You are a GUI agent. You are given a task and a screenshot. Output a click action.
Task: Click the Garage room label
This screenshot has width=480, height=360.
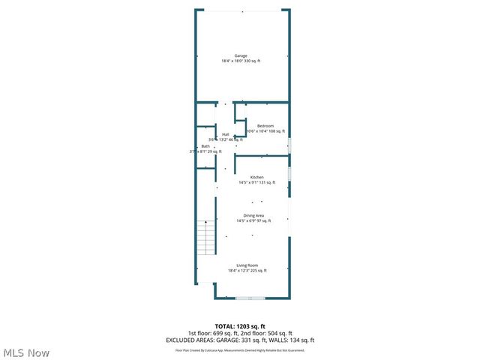(240, 55)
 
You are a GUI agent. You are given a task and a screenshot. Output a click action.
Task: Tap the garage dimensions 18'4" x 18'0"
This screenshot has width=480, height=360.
(240, 61)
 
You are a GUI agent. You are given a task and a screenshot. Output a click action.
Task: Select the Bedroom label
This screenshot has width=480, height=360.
(265, 125)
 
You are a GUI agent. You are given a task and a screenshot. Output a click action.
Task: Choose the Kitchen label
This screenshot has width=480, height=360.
(256, 177)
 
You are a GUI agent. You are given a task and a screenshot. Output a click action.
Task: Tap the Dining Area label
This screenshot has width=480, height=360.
(253, 215)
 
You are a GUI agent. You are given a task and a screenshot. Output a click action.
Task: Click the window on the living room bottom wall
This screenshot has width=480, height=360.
(250, 298)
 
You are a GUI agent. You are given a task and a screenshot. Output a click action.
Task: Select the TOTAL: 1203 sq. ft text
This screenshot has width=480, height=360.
(240, 326)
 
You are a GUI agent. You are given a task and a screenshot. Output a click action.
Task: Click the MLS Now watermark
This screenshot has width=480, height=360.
(26, 352)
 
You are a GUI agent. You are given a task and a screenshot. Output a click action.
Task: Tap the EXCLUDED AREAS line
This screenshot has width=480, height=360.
(240, 340)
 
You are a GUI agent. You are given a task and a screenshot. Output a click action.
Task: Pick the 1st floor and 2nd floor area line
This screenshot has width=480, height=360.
(240, 333)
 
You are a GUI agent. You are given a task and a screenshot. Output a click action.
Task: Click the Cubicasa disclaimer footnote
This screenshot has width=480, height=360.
(240, 349)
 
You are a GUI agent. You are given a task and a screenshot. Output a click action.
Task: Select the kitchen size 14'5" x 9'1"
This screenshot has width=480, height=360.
(256, 182)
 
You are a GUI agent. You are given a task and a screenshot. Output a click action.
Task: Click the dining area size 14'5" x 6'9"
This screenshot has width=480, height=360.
(253, 220)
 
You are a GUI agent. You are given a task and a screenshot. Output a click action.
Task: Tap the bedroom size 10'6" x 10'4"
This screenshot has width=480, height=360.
(265, 131)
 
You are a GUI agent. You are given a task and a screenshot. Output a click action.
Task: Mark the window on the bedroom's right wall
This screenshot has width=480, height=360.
(289, 145)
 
